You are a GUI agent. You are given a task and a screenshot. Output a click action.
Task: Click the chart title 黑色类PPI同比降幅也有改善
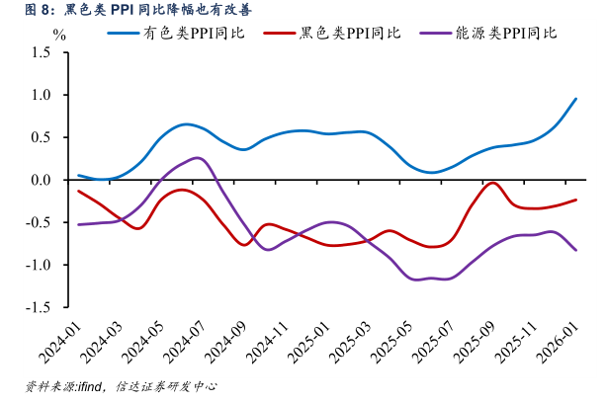129,12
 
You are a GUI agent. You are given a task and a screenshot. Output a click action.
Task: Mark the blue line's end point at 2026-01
576,99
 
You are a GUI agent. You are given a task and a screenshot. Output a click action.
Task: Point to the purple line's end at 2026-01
576,250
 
